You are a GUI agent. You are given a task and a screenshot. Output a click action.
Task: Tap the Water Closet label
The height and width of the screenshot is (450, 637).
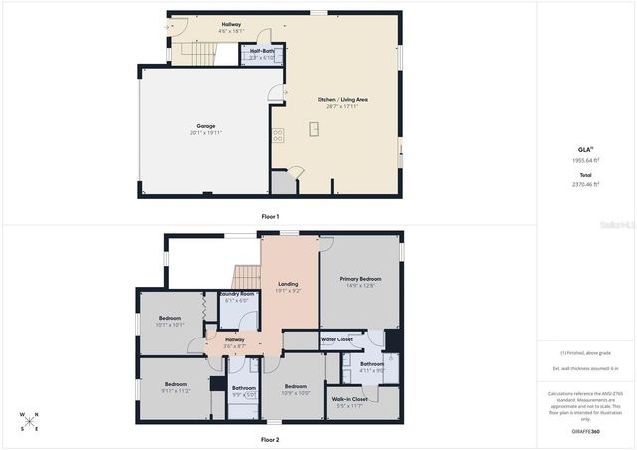pos(337,340)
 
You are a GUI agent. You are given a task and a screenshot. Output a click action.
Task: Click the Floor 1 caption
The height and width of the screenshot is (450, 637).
pos(270,216)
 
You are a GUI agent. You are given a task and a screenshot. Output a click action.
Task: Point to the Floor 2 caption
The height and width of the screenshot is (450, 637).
pos(270,439)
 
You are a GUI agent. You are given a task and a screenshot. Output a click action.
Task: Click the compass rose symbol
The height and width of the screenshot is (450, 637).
pos(32,422)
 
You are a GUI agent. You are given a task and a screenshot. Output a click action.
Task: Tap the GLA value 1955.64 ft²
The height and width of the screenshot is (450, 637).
pos(585,159)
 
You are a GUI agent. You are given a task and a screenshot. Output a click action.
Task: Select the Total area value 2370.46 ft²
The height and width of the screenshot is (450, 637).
pos(585,184)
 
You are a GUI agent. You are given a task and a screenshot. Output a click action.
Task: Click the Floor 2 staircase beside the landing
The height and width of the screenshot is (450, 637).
pos(245,276)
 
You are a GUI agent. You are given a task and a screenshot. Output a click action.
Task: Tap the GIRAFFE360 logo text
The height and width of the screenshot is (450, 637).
pos(585,431)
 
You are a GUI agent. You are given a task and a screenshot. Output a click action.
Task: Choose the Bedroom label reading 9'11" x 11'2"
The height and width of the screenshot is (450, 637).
pos(176,387)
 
